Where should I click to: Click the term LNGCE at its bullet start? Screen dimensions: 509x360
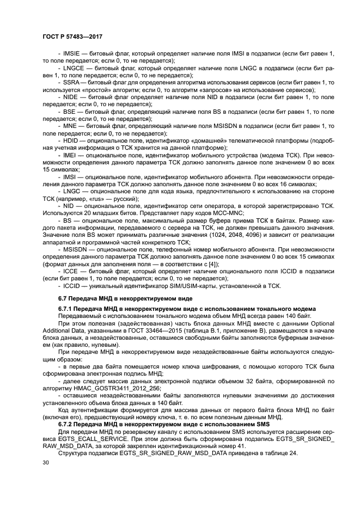[74, 69]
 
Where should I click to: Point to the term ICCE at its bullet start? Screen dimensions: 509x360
[71, 271]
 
